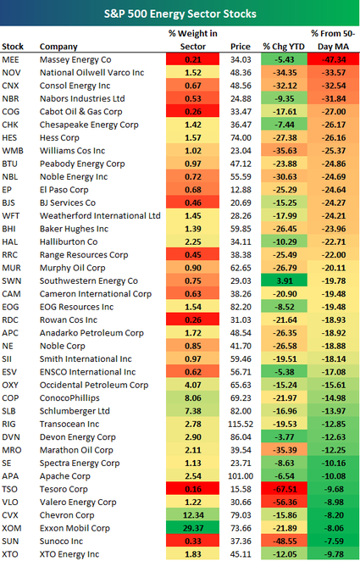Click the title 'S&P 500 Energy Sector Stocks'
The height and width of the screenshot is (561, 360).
180,14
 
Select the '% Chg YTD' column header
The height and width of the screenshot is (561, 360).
284,47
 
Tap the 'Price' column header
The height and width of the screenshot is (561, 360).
241,47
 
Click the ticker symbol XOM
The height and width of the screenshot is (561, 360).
11,529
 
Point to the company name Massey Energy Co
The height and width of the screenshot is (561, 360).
75,60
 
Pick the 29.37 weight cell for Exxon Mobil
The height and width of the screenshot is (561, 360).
192,529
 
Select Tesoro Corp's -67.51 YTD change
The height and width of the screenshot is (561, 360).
284,489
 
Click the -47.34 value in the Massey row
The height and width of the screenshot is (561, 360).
334,60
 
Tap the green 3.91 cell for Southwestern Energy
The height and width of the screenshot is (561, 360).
284,280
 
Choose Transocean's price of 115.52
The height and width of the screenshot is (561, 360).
241,424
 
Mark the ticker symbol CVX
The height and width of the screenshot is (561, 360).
10,515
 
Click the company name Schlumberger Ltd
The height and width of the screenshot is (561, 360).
75,411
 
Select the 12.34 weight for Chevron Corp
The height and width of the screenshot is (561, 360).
192,515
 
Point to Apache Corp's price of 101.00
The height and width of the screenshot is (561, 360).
241,476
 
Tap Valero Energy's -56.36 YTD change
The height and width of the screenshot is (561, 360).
284,503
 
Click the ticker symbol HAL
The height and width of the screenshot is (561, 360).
10,242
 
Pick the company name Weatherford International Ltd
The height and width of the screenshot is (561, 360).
100,216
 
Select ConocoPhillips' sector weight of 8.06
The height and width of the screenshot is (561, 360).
192,397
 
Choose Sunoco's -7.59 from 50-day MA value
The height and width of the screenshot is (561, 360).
334,542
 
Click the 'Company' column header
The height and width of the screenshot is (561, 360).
58,47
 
